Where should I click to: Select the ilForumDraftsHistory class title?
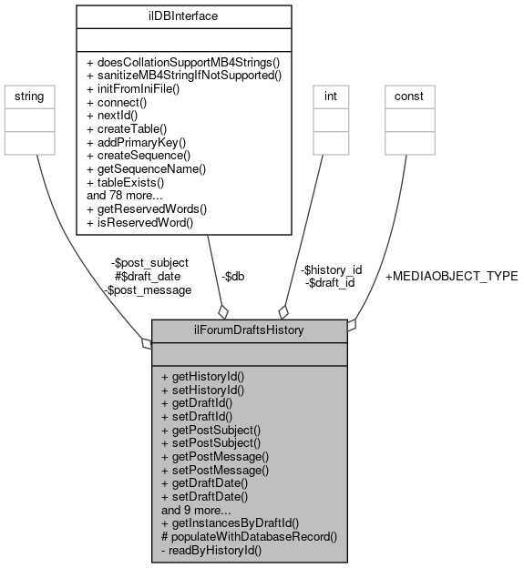click(249, 330)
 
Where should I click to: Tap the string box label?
click(31, 96)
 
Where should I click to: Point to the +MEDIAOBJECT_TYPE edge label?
click(451, 276)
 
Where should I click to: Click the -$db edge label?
click(232, 276)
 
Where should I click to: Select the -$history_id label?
click(332, 269)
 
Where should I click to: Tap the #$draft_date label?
click(147, 276)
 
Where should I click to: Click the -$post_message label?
click(147, 289)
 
